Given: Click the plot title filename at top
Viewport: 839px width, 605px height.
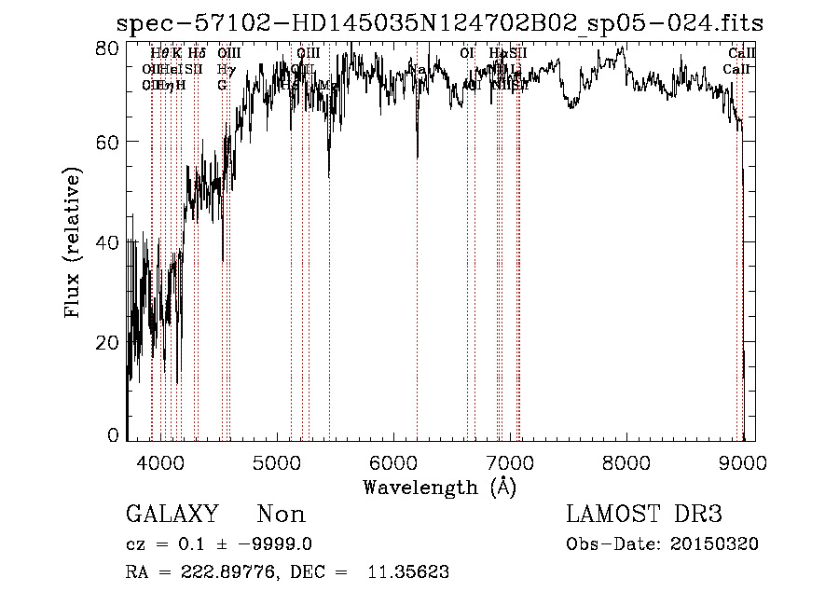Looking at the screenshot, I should coord(438,23).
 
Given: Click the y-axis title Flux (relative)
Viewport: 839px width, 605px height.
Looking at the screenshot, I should coord(73,243).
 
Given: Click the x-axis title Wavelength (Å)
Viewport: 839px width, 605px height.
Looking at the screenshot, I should coord(439,487).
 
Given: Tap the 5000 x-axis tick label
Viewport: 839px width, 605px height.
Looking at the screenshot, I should coord(277,463).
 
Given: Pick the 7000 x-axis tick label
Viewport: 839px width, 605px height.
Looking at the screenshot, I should coord(510,463).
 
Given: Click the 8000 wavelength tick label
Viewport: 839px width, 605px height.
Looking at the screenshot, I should coord(626,463).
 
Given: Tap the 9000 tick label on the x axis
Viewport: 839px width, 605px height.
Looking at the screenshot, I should coord(743,463).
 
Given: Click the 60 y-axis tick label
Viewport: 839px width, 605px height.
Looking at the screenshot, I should coord(108,142).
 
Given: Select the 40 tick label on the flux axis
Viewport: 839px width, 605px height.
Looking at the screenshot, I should coord(108,242).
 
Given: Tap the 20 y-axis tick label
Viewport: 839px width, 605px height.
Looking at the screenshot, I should coord(108,342).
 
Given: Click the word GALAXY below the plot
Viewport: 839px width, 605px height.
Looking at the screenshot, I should coord(172,515).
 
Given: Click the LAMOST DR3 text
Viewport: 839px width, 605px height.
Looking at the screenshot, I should coord(644,515).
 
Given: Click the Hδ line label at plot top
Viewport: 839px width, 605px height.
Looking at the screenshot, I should coord(196,53).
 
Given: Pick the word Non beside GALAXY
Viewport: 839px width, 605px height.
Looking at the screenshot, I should coord(281,515).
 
